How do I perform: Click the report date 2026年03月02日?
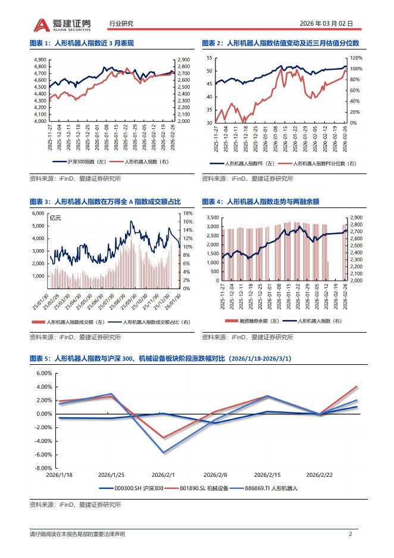pos(330,24)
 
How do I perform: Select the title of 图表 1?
pos(83,44)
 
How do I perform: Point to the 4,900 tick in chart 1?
pos(40,60)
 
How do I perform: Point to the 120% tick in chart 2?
pos(355,58)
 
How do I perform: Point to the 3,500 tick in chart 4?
pos(212,218)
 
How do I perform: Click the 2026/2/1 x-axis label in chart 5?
pos(163,475)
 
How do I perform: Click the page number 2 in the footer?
pos(351,534)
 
